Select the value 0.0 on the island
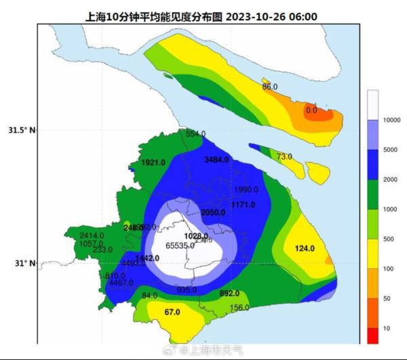(x=311, y=110)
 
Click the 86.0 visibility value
(x=270, y=87)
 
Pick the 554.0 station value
(x=195, y=134)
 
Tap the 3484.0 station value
(x=217, y=159)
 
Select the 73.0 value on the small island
(x=284, y=157)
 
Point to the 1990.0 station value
(x=247, y=189)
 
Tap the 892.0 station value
(x=230, y=294)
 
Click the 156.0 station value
(x=239, y=308)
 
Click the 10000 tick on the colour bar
(x=391, y=120)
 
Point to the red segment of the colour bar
(x=373, y=336)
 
